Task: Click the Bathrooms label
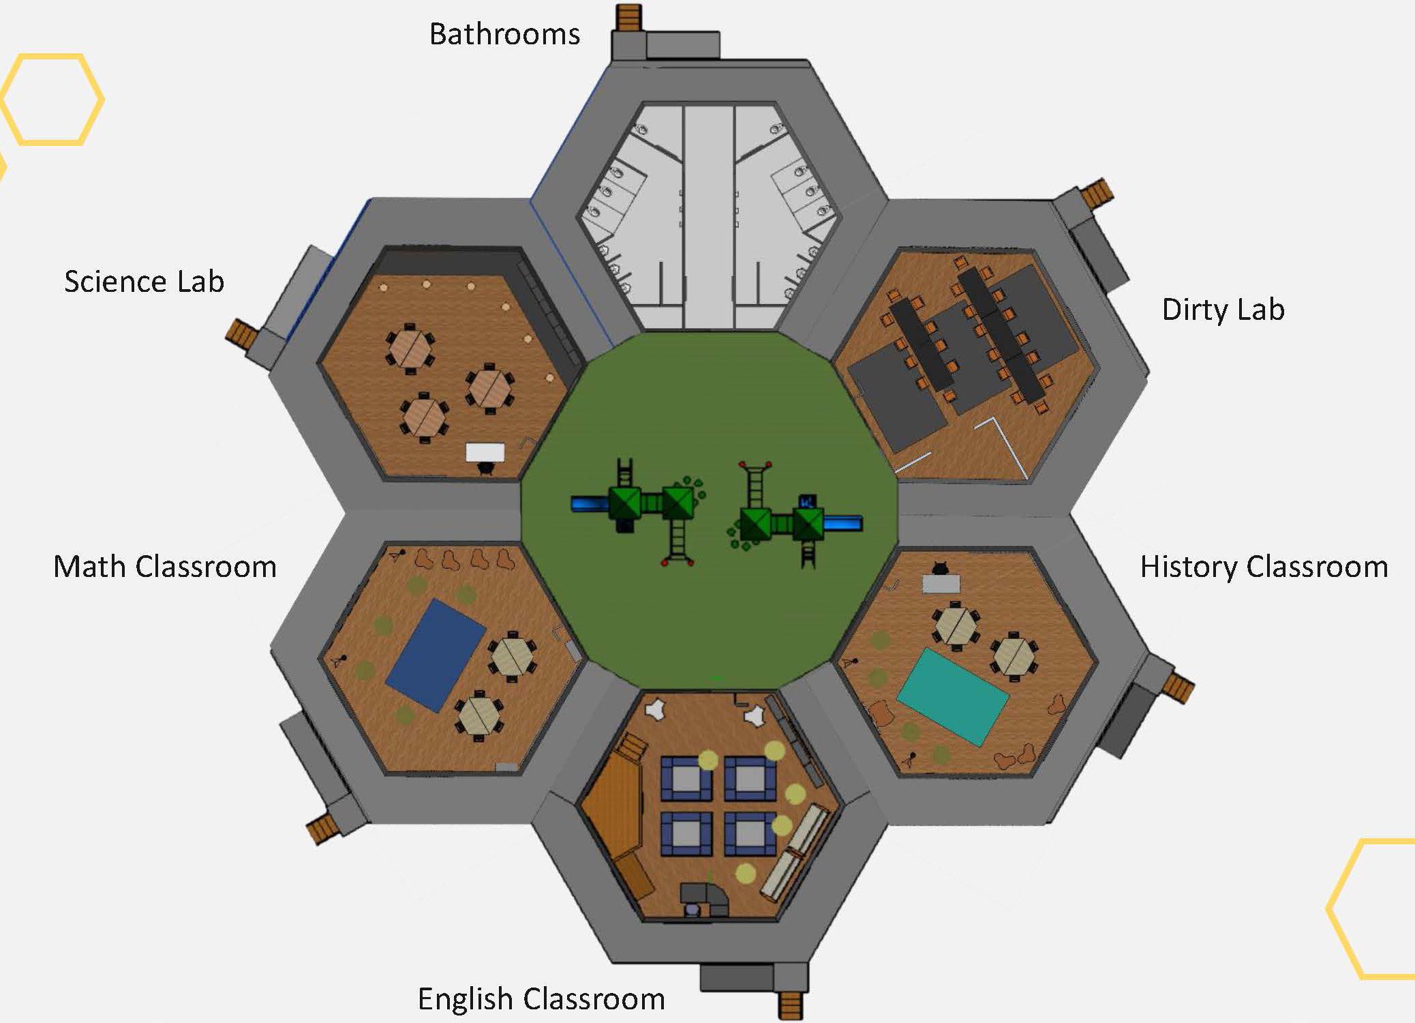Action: [x=504, y=34]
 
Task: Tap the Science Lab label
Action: [x=144, y=281]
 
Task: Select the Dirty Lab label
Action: [x=1223, y=310]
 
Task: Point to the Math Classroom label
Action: [x=165, y=567]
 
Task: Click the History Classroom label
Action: [x=1264, y=567]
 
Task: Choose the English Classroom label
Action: [x=541, y=999]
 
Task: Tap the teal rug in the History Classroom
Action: [x=952, y=696]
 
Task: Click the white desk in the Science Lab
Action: [x=485, y=451]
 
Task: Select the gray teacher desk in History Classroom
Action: [x=941, y=583]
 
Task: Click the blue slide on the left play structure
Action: [x=589, y=503]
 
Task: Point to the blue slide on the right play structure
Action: [x=843, y=523]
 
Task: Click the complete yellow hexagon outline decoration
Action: [x=52, y=100]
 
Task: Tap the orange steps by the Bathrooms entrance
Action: [x=628, y=18]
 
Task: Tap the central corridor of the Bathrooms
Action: [x=708, y=218]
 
